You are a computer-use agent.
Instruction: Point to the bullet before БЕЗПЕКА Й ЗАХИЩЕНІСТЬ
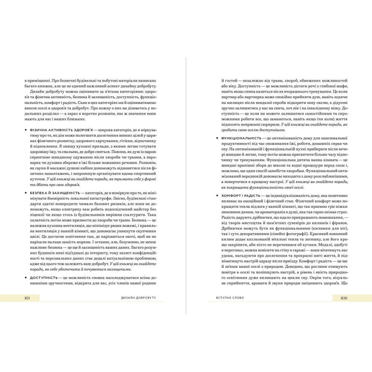coord(25,193)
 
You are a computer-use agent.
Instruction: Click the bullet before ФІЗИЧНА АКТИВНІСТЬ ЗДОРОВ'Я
coord(25,131)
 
